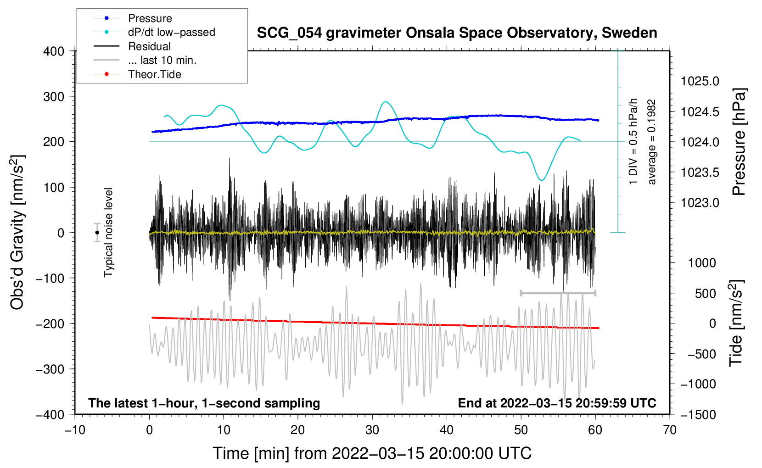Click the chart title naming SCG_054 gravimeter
(x=457, y=33)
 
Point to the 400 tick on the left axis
(x=54, y=51)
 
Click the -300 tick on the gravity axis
(x=50, y=369)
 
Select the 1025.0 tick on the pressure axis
(x=700, y=81)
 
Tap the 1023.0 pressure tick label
(x=700, y=203)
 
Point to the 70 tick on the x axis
(x=669, y=430)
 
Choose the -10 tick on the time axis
(x=75, y=430)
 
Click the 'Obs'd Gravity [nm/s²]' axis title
(x=17, y=233)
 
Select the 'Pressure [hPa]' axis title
(x=739, y=142)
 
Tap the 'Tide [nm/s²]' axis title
(x=736, y=323)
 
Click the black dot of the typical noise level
(x=97, y=233)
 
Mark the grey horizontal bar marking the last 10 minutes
(x=558, y=293)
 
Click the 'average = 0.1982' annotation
(x=651, y=142)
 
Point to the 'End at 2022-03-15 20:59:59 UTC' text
(x=557, y=403)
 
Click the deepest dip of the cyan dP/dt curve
(x=541, y=180)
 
